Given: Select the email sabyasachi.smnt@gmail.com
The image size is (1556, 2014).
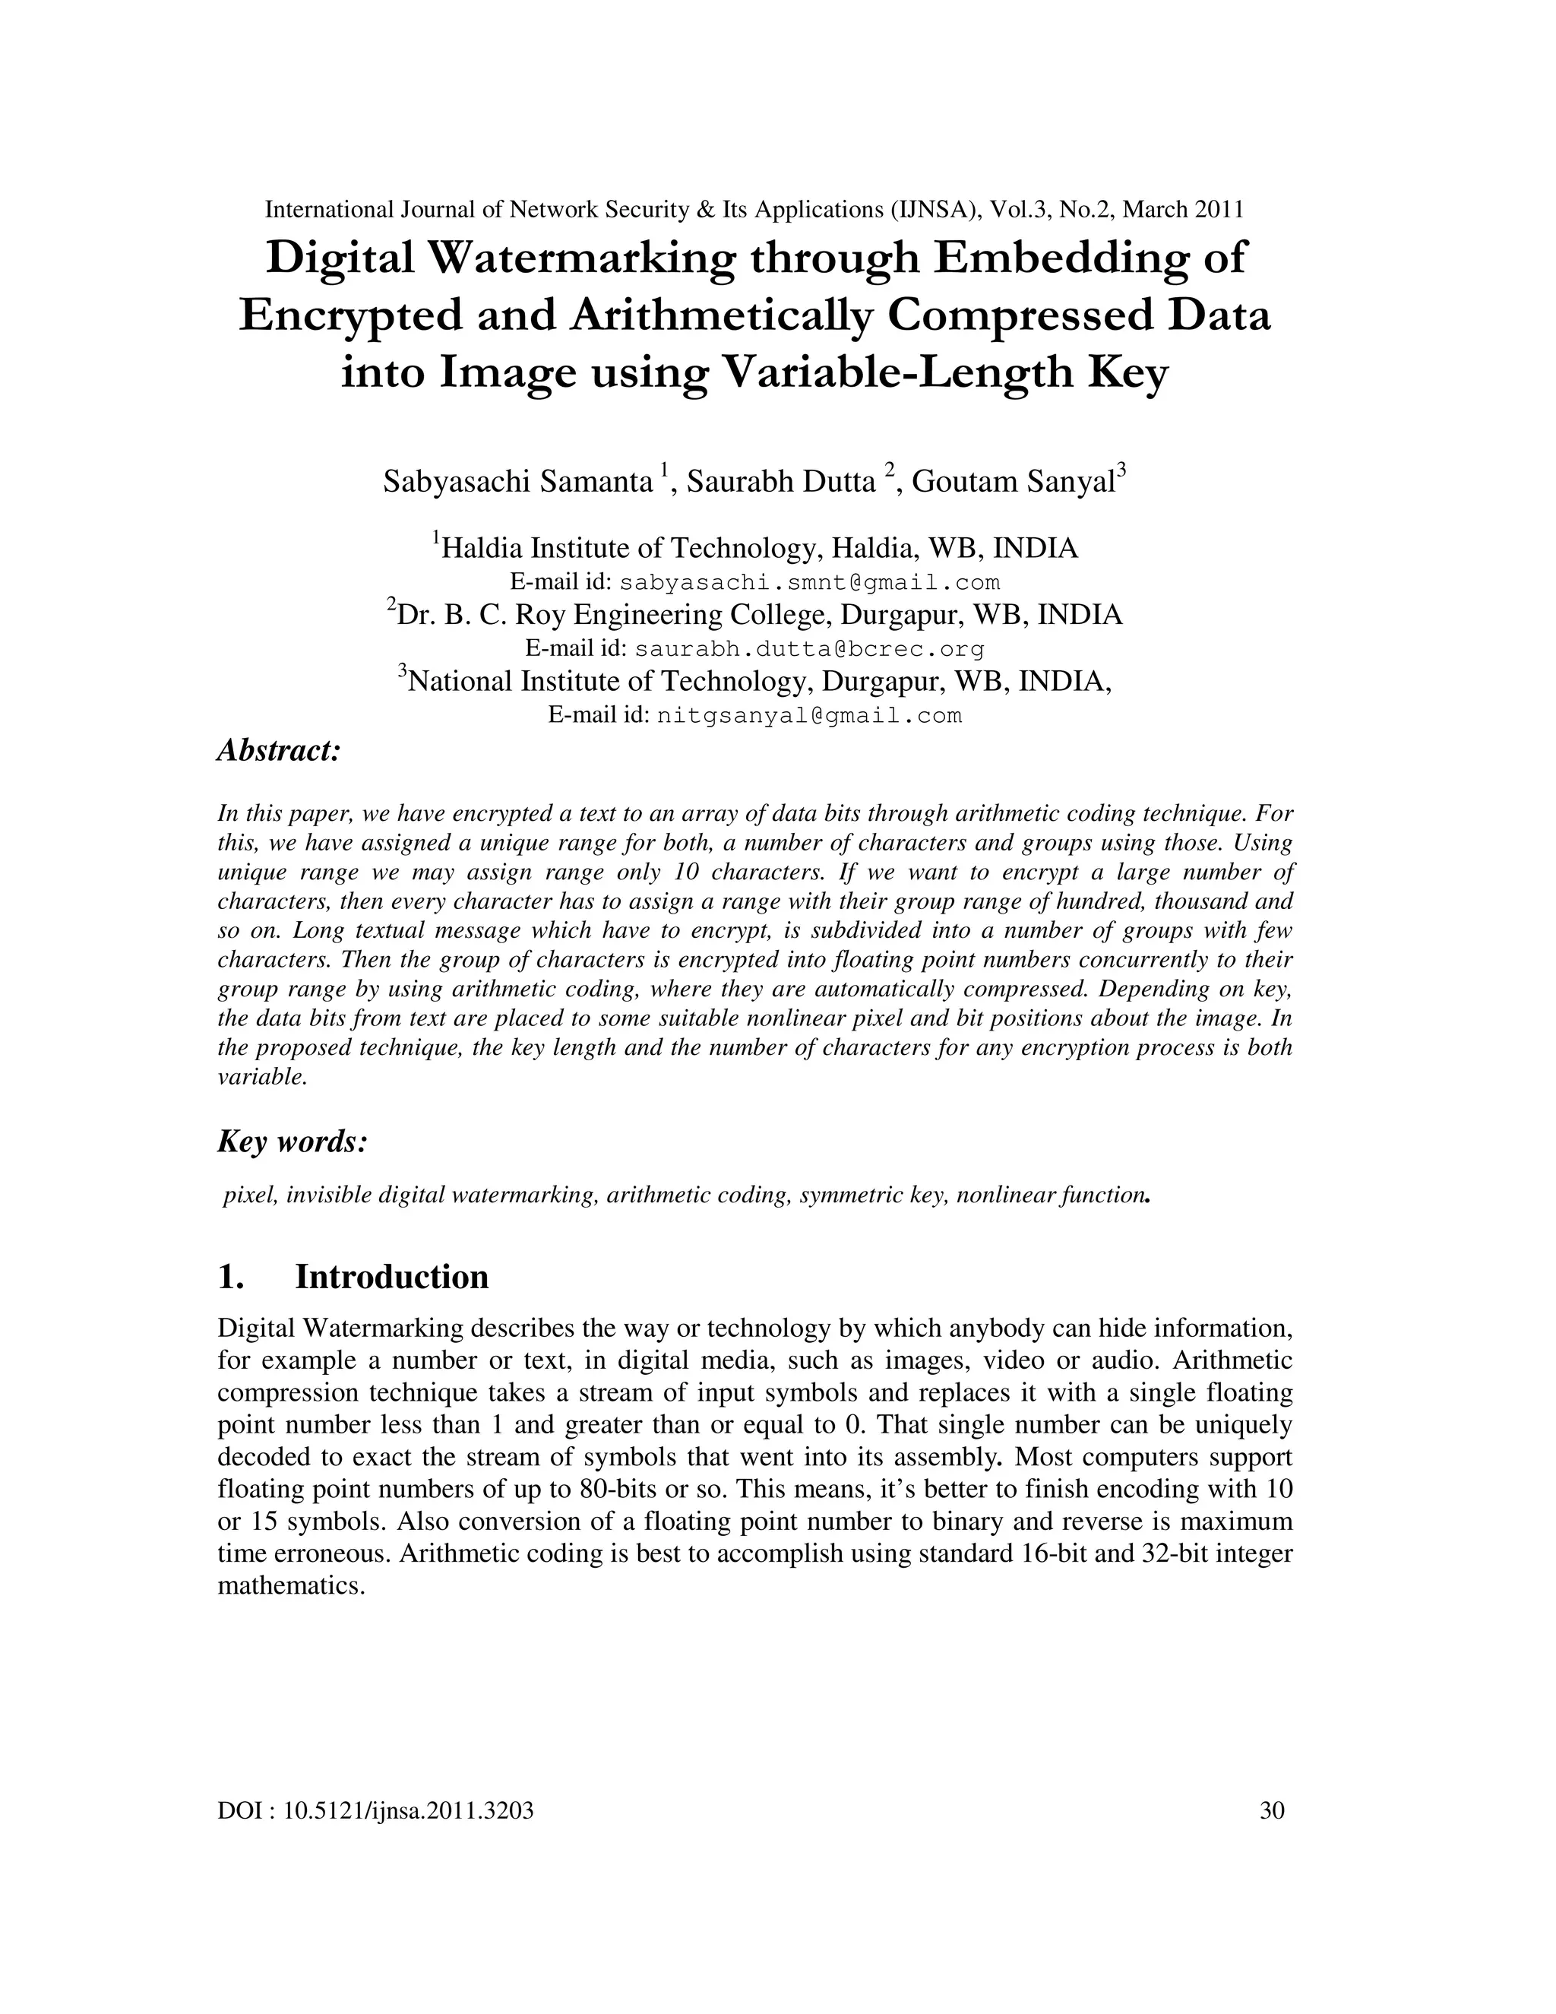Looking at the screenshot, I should pos(809,583).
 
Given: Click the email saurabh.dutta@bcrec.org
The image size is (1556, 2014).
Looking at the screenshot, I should pos(809,649).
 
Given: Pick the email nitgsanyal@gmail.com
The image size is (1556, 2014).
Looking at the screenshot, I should pos(809,716).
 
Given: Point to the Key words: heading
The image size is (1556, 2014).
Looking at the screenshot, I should pos(293,1142).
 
